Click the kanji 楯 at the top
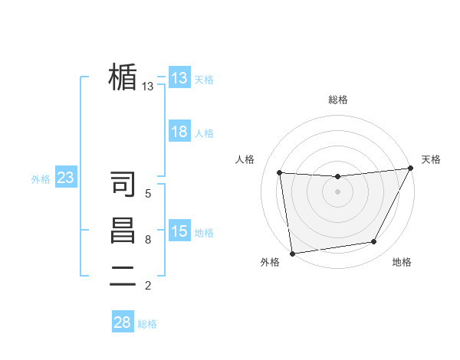[123, 77]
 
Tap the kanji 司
[123, 185]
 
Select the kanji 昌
[123, 230]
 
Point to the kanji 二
[123, 276]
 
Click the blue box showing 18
[179, 132]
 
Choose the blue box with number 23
[66, 178]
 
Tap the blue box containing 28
[123, 322]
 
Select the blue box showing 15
[179, 231]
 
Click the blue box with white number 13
[179, 77]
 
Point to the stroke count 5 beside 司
[148, 195]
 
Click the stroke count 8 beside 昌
[148, 240]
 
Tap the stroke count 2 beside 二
[148, 286]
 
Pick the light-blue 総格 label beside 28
[147, 324]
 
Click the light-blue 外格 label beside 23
[41, 179]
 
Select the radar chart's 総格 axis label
[337, 100]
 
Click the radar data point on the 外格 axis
[292, 254]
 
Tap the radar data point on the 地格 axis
[374, 242]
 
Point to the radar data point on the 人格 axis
[280, 172]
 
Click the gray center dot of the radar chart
[337, 191]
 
